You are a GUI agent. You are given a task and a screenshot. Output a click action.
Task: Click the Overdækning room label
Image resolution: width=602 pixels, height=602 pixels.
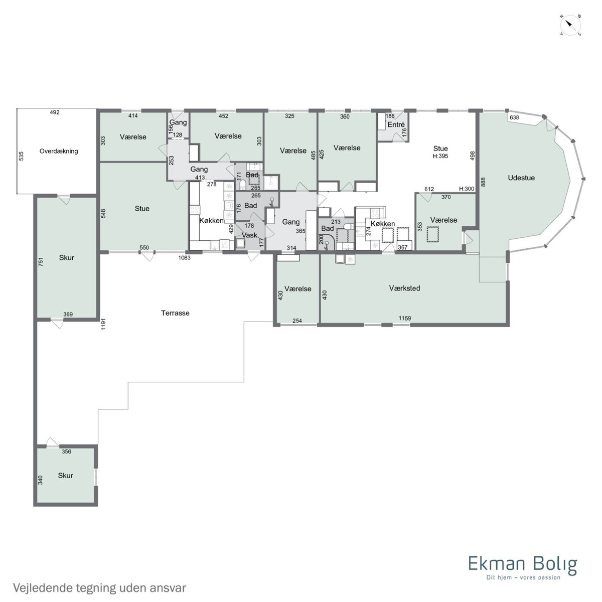pyautogui.click(x=59, y=151)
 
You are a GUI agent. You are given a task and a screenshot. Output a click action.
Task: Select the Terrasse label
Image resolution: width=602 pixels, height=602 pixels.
pyautogui.click(x=175, y=313)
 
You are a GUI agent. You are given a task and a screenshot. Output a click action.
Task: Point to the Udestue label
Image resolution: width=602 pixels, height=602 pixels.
pyautogui.click(x=521, y=178)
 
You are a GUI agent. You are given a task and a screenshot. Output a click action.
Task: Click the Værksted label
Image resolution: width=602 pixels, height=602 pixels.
pyautogui.click(x=404, y=288)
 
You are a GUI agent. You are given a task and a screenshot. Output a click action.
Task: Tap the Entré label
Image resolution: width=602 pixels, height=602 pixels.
pyautogui.click(x=396, y=124)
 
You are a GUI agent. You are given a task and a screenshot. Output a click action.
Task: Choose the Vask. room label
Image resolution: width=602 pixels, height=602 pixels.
pyautogui.click(x=250, y=235)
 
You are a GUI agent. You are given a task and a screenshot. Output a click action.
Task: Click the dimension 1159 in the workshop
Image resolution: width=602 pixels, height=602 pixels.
pyautogui.click(x=404, y=318)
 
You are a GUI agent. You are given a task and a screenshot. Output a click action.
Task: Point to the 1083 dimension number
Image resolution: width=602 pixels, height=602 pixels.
pyautogui.click(x=184, y=258)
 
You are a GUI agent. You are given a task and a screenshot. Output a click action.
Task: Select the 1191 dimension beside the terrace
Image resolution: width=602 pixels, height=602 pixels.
pyautogui.click(x=103, y=324)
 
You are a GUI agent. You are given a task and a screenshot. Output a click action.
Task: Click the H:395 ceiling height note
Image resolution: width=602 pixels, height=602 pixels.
pyautogui.click(x=440, y=156)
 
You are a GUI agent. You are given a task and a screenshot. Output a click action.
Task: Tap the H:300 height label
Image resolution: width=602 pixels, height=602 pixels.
pyautogui.click(x=467, y=189)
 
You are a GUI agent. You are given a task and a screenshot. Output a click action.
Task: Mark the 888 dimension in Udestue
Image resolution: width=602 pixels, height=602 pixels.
pyautogui.click(x=483, y=182)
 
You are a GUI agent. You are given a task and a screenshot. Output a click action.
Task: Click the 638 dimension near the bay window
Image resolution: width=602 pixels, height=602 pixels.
pyautogui.click(x=514, y=117)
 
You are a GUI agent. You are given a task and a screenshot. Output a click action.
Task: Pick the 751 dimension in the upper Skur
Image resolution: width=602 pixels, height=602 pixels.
pyautogui.click(x=41, y=262)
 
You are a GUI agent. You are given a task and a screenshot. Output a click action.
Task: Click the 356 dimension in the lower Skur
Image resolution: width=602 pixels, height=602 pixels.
pyautogui.click(x=67, y=452)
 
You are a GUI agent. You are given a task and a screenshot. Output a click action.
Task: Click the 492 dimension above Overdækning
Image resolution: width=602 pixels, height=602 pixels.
pyautogui.click(x=55, y=112)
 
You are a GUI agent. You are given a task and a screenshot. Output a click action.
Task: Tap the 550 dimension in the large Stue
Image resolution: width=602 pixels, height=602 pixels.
pyautogui.click(x=144, y=247)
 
